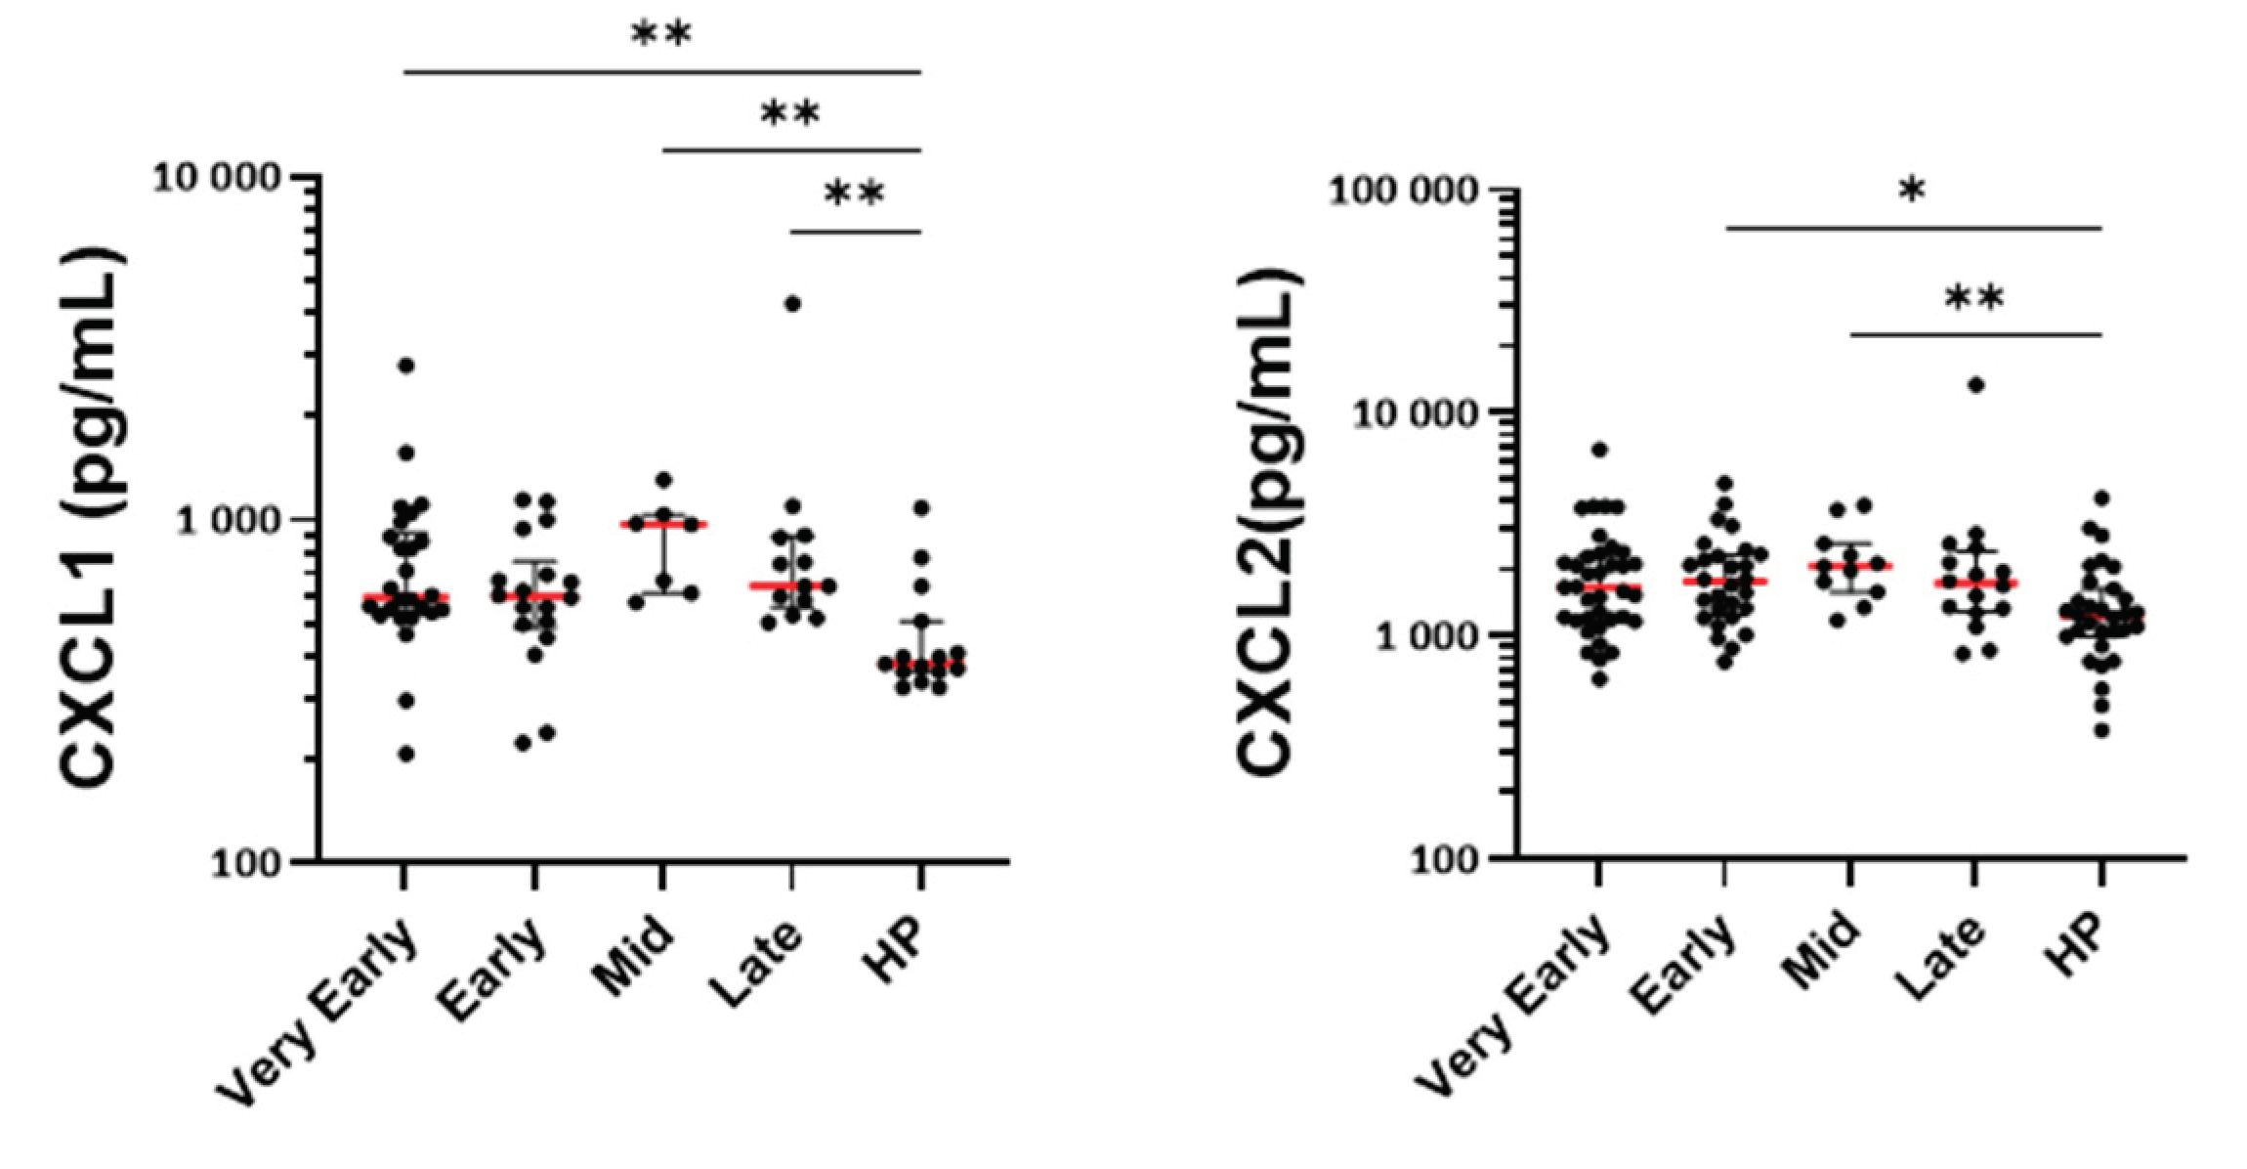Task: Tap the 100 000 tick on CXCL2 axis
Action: coord(1405,191)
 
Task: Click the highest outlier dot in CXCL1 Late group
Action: coord(792,304)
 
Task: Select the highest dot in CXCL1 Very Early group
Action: coord(405,366)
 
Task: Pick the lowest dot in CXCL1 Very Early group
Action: coord(405,754)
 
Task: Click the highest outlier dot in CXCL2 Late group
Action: coord(1975,385)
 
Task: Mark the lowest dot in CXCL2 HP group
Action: coord(2100,730)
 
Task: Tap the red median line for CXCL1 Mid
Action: coord(663,525)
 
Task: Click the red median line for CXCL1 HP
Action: coord(920,665)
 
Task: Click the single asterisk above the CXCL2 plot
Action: coord(1912,191)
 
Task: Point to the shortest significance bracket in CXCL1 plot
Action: coord(855,233)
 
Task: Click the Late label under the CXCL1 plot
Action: coord(758,963)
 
